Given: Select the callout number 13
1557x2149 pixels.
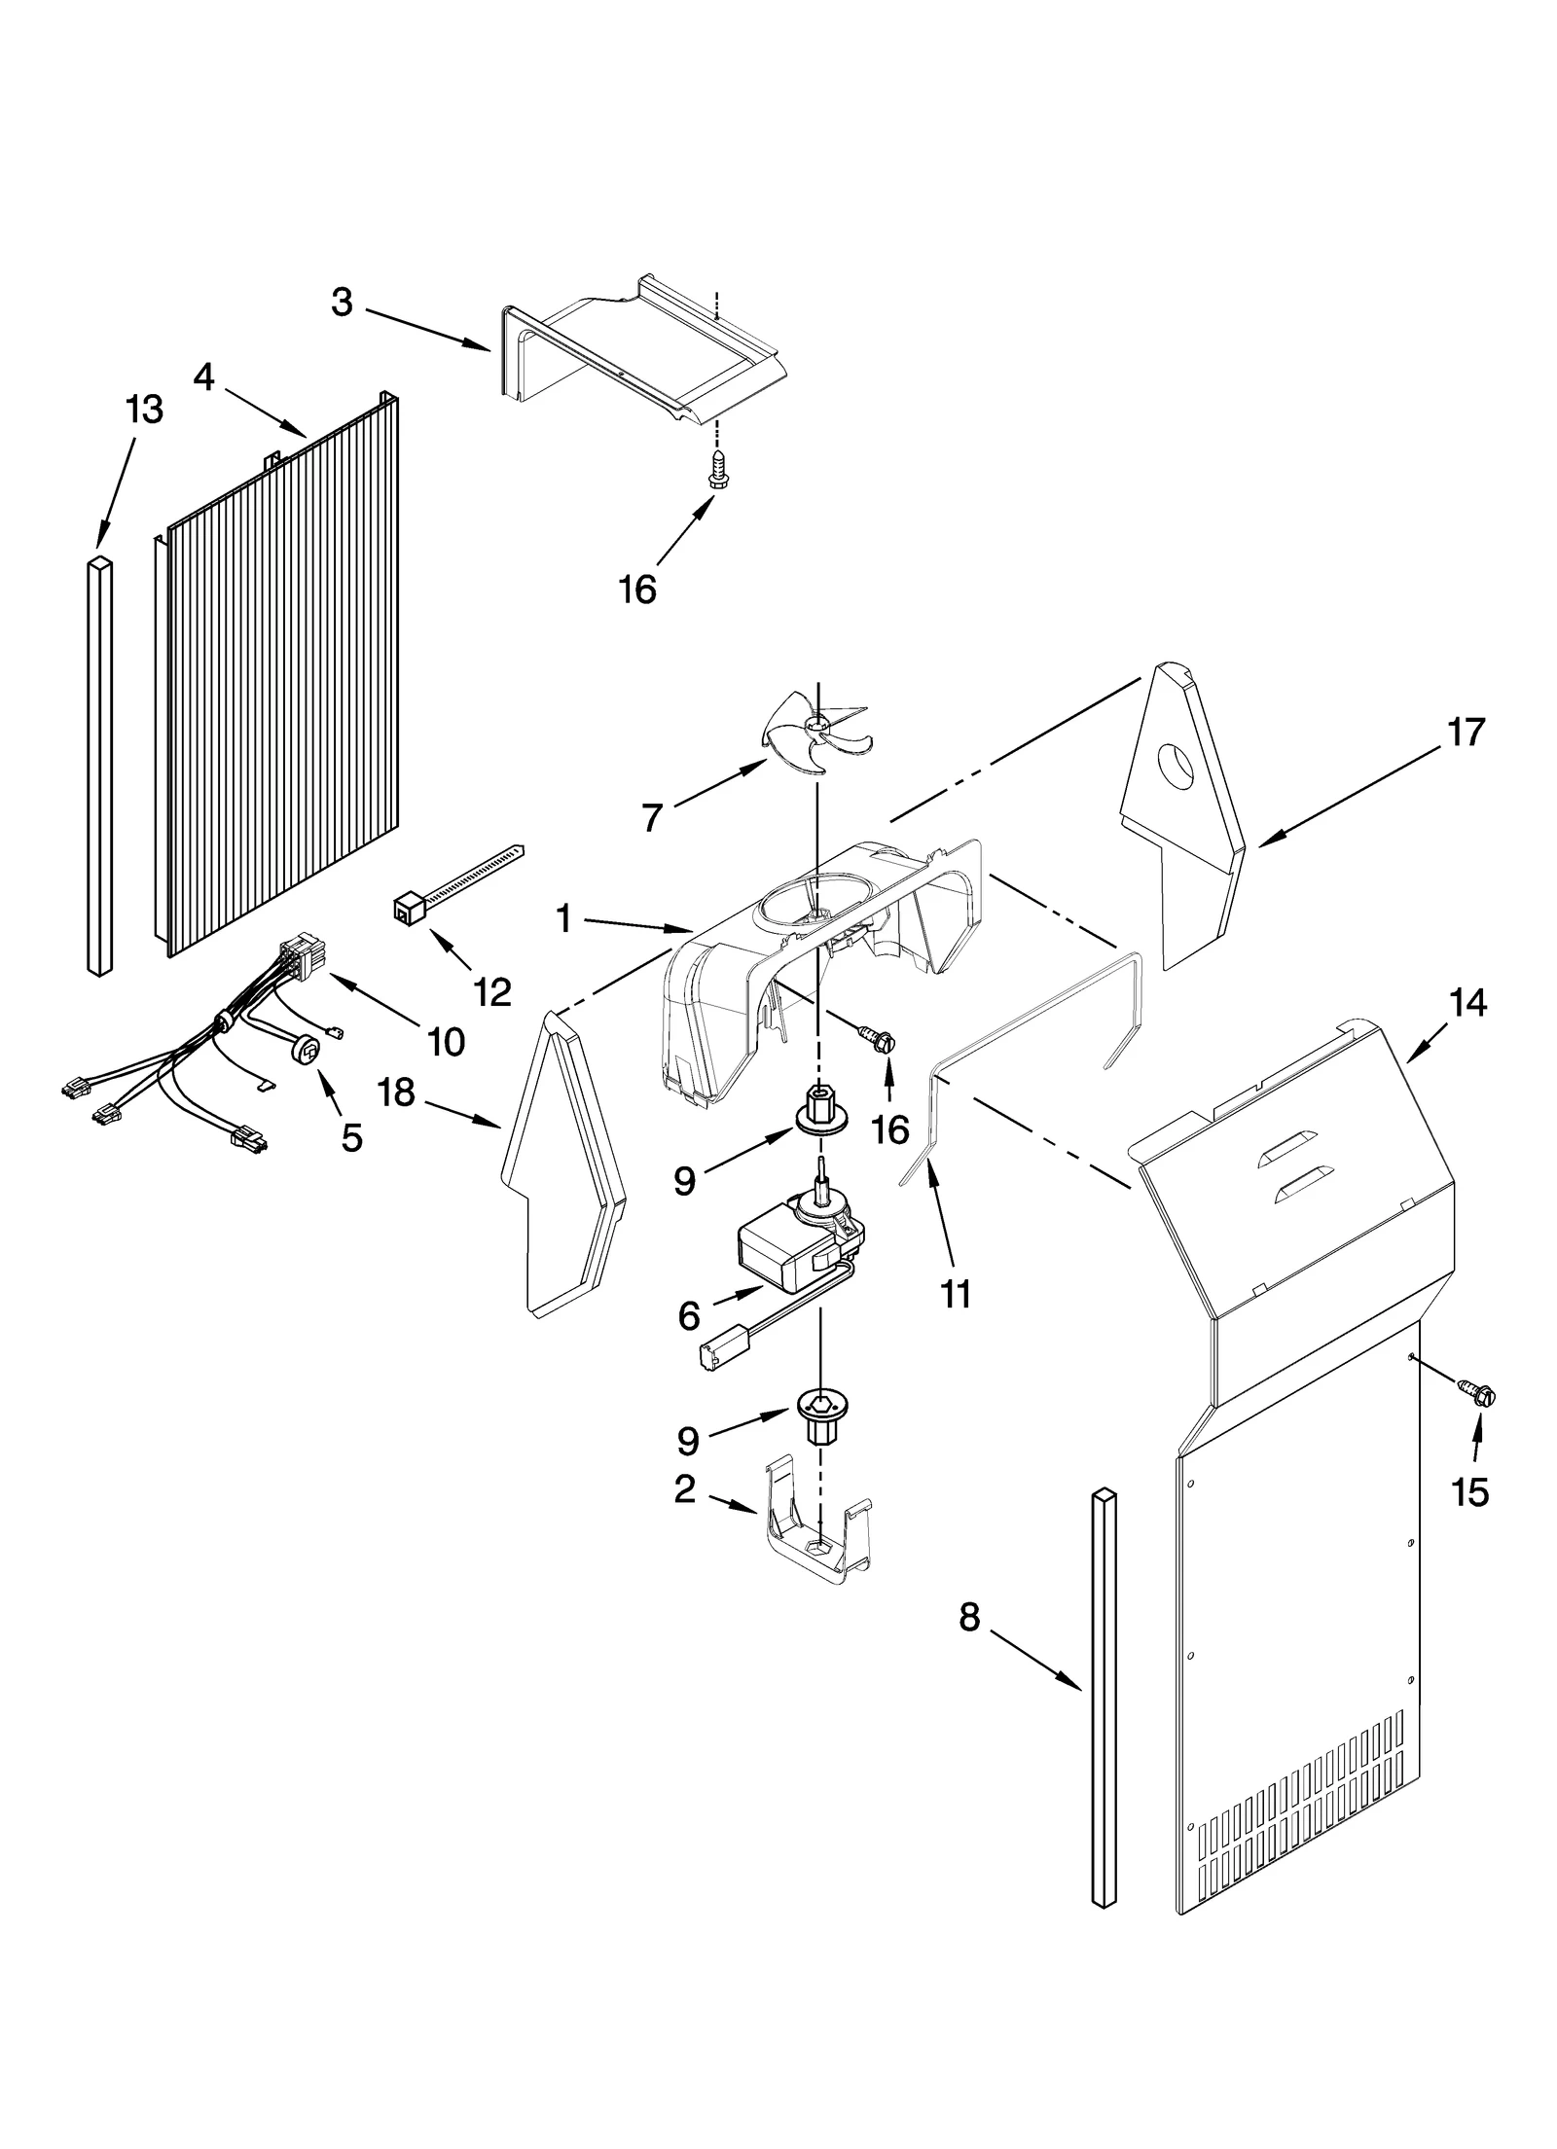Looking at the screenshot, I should click(144, 410).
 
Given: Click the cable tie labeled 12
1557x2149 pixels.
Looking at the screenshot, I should click(448, 880).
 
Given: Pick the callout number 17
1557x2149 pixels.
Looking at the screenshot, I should click(1466, 733).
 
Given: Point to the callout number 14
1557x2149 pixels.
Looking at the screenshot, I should click(1467, 1002).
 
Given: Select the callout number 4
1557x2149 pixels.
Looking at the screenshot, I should click(203, 377).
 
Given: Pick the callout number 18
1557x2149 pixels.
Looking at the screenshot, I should click(396, 1092).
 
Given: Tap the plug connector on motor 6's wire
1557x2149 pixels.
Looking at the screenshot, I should click(715, 1356).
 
